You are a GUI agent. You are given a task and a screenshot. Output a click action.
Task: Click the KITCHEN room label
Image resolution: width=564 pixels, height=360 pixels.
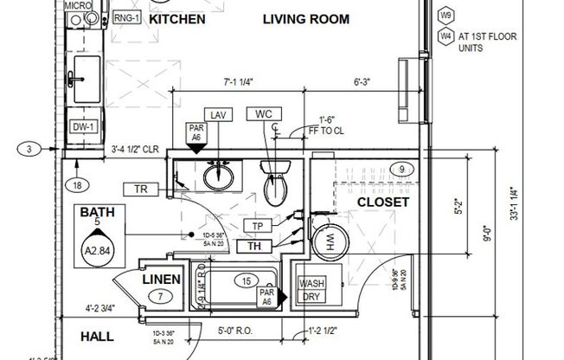click(x=176, y=19)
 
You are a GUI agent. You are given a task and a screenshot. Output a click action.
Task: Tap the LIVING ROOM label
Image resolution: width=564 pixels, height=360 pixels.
click(x=306, y=19)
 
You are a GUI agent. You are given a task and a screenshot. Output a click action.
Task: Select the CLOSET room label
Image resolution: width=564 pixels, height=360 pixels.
click(x=383, y=202)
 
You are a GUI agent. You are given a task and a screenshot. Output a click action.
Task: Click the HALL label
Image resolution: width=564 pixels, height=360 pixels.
click(x=98, y=337)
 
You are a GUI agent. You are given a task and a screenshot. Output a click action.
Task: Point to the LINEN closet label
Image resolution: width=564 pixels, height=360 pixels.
click(x=161, y=279)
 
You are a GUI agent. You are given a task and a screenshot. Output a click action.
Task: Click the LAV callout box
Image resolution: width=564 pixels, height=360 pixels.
click(x=219, y=114)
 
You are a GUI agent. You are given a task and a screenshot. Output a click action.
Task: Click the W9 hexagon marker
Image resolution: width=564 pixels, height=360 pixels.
click(x=446, y=16)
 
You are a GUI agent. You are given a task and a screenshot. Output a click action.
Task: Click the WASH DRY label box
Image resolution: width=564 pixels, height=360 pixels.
click(x=311, y=290)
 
